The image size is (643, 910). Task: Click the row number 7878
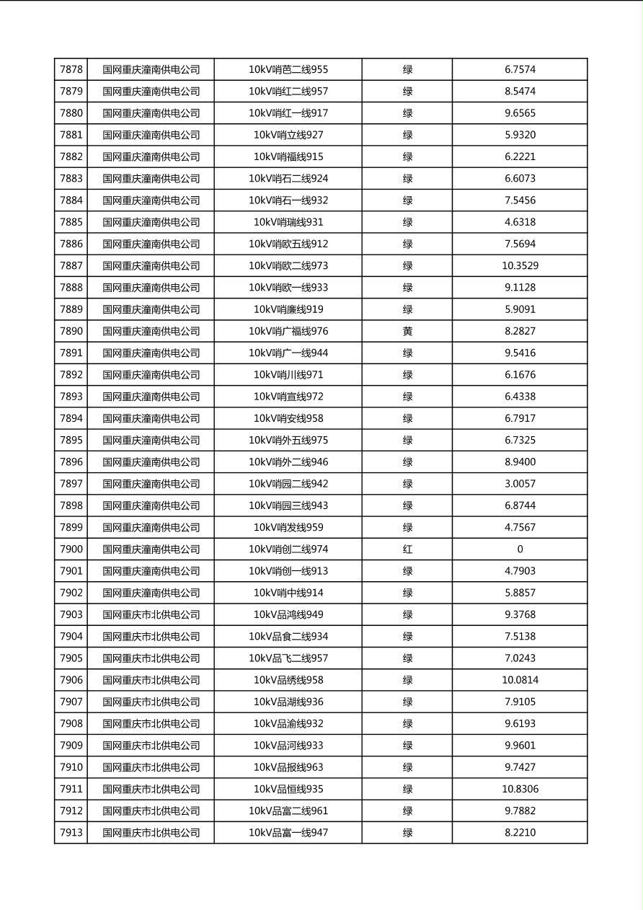pyautogui.click(x=71, y=70)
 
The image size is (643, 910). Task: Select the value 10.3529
pyautogui.click(x=520, y=266)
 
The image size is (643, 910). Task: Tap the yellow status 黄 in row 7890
pyautogui.click(x=407, y=332)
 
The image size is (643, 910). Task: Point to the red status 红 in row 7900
pyautogui.click(x=407, y=549)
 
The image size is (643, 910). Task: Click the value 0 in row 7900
pyautogui.click(x=520, y=549)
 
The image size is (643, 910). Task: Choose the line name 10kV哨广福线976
pyautogui.click(x=288, y=332)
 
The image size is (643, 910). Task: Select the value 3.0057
pyautogui.click(x=520, y=484)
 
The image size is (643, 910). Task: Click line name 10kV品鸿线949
pyautogui.click(x=288, y=615)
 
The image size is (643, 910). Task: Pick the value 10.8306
pyautogui.click(x=520, y=790)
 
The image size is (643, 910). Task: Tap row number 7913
pyautogui.click(x=71, y=833)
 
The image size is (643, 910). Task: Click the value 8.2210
pyautogui.click(x=520, y=833)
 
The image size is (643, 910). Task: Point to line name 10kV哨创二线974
pyautogui.click(x=288, y=549)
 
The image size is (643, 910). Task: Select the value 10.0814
pyautogui.click(x=520, y=680)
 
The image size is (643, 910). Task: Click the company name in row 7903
pyautogui.click(x=151, y=615)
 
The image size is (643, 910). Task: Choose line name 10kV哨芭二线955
pyautogui.click(x=288, y=70)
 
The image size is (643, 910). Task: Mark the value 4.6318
pyautogui.click(x=520, y=222)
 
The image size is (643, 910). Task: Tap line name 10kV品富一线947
pyautogui.click(x=288, y=833)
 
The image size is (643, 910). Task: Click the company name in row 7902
pyautogui.click(x=151, y=593)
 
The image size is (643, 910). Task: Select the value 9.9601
pyautogui.click(x=520, y=746)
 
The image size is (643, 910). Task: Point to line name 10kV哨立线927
pyautogui.click(x=288, y=135)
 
